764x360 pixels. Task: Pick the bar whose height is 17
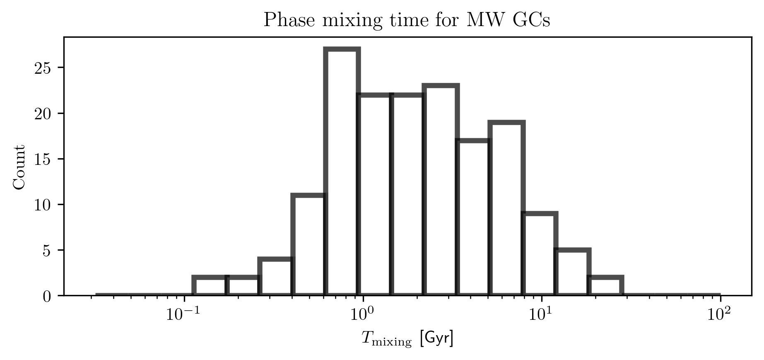click(473, 217)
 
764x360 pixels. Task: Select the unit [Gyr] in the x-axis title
click(437, 339)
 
